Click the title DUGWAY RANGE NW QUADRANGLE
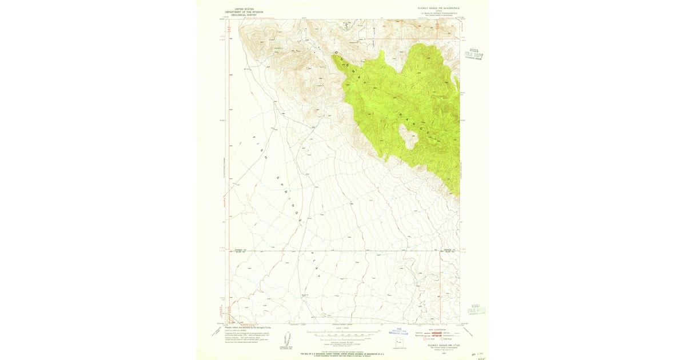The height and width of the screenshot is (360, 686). click(x=438, y=7)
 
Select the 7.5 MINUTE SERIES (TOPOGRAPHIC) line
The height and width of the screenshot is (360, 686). click(x=438, y=13)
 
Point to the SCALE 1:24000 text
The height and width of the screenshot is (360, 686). click(x=343, y=327)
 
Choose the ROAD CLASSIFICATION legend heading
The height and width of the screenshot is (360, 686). click(x=438, y=327)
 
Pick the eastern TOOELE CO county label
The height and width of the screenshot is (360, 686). click(x=450, y=250)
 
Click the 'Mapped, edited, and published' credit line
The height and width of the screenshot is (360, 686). click(x=246, y=328)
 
